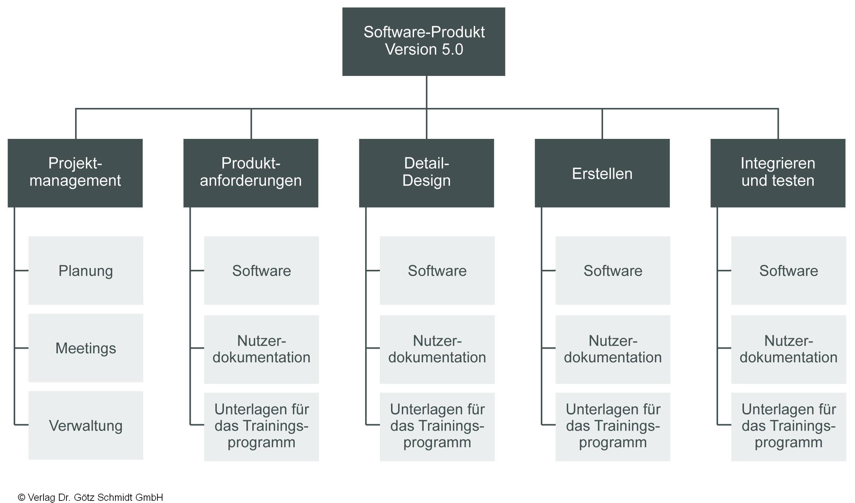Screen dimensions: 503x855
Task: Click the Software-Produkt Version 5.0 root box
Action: [x=424, y=41]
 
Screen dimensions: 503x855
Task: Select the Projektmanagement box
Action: [x=75, y=173]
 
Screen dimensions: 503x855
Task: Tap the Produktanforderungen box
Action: [x=251, y=173]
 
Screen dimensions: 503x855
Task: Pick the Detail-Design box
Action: [x=426, y=173]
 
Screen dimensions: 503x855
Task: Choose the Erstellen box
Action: [x=602, y=173]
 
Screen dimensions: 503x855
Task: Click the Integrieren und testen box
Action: [x=778, y=173]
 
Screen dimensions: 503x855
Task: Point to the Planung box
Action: [x=86, y=271]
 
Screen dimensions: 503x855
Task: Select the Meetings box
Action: [x=86, y=348]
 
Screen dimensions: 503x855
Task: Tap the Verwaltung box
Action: [x=86, y=425]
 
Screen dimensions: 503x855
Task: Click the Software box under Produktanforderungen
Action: [x=261, y=271]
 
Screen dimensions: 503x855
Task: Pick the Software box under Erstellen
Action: [x=613, y=271]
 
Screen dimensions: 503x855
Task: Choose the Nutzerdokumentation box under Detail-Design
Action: [x=437, y=349]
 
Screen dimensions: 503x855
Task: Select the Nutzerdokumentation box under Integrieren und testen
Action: [x=789, y=349]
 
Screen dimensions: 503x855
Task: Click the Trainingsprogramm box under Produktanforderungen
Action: [x=261, y=426]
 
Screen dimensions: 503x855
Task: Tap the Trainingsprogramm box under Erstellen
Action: [x=613, y=426]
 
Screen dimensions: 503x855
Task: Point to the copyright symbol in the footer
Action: [x=21, y=498]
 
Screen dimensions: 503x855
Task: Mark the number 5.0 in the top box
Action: [x=452, y=50]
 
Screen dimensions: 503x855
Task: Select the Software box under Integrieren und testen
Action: [x=789, y=271]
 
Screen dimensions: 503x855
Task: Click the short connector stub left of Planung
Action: [x=21, y=270]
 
